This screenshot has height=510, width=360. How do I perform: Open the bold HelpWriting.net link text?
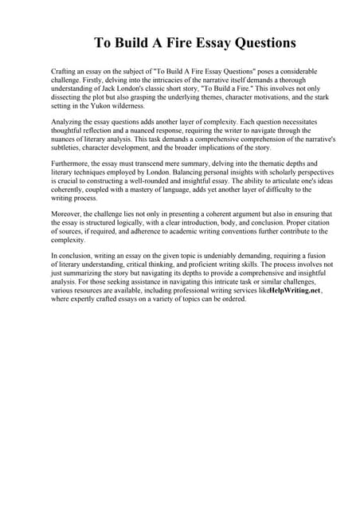pos(288,294)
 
